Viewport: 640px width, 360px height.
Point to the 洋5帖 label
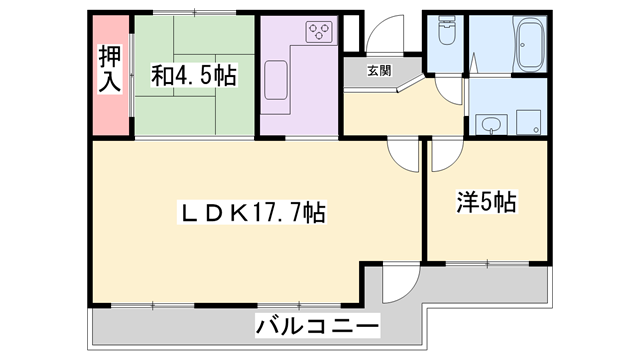486,203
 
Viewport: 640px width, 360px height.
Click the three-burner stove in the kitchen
319,33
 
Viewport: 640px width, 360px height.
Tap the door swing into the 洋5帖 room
442,155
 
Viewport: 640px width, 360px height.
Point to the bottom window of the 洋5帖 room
487,263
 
